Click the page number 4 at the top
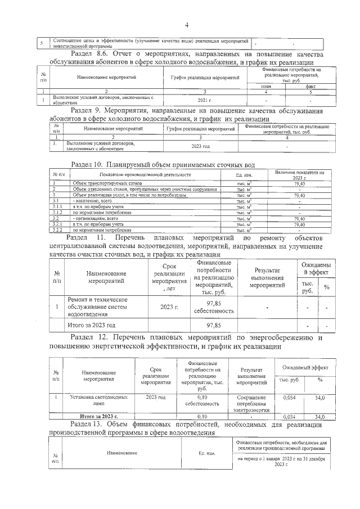click(x=186, y=25)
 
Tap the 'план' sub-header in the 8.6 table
click(x=266, y=86)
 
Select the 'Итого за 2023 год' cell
click(x=92, y=325)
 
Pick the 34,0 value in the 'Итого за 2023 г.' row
click(x=319, y=417)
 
